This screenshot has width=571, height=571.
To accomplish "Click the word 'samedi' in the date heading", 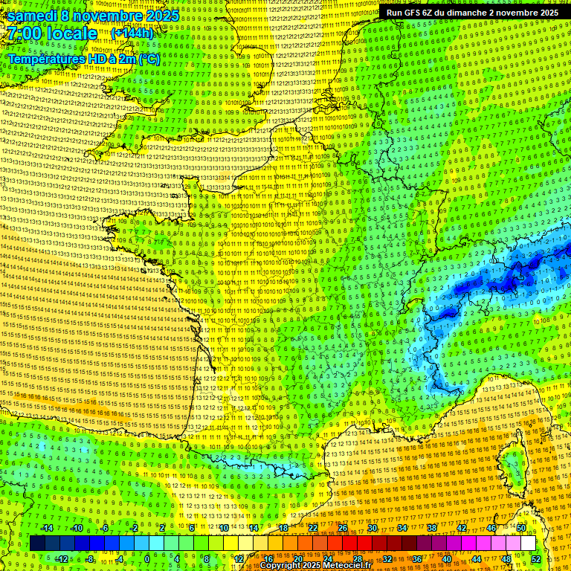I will (33, 16).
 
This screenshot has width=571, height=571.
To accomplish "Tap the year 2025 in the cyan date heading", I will (161, 16).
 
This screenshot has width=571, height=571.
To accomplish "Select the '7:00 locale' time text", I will (52, 33).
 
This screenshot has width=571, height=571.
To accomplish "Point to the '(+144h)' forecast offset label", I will (132, 33).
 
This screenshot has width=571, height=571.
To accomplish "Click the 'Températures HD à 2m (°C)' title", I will (83, 59).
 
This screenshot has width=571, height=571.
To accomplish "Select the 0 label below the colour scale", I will (147, 559).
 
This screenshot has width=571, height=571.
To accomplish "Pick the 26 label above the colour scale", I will (343, 528).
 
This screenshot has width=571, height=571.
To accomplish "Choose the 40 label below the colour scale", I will (447, 559).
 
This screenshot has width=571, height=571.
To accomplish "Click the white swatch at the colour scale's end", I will (528, 543).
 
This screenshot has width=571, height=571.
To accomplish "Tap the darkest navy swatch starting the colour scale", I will (37, 543).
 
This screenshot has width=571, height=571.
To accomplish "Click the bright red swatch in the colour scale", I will (349, 543).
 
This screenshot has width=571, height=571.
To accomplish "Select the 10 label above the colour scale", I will (223, 528).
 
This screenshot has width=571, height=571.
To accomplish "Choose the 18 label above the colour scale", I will (283, 528).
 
